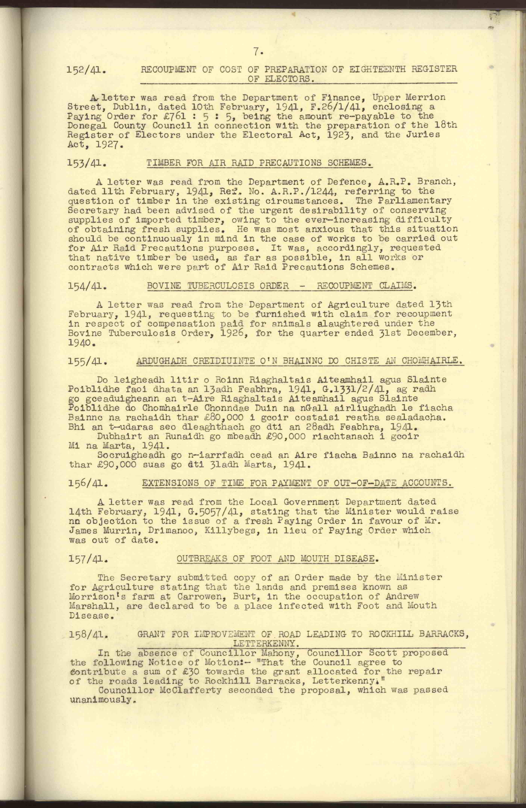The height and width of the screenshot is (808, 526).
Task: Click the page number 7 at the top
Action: (x=258, y=52)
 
